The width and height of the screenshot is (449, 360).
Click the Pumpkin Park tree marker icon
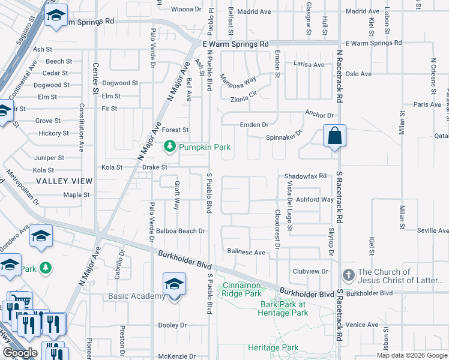pyautogui.click(x=170, y=146)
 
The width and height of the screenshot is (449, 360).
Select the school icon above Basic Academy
pyautogui.click(x=174, y=283)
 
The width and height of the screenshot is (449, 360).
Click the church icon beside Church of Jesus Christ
pyautogui.click(x=348, y=275)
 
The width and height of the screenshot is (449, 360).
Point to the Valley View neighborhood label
pyautogui.click(x=64, y=181)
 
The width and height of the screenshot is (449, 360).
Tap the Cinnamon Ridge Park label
pyautogui.click(x=242, y=289)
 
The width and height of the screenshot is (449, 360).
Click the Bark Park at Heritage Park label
pyautogui.click(x=283, y=308)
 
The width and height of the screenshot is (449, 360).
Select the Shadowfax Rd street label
pyautogui.click(x=305, y=176)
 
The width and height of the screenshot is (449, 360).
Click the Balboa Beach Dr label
pyautogui.click(x=181, y=230)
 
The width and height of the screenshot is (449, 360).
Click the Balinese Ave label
pyautogui.click(x=246, y=253)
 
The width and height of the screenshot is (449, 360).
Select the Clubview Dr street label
pyautogui.click(x=310, y=271)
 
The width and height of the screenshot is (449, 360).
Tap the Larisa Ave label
pyautogui.click(x=309, y=65)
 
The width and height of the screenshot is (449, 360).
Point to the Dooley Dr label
pyautogui.click(x=172, y=325)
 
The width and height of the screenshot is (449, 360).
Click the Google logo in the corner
pyautogui.click(x=20, y=353)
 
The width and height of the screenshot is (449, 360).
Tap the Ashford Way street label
pyautogui.click(x=315, y=200)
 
